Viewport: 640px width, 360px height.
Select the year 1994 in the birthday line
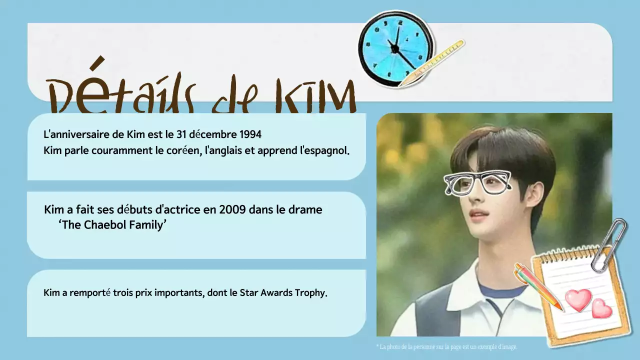click(x=250, y=134)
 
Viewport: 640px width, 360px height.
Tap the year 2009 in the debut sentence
click(x=232, y=209)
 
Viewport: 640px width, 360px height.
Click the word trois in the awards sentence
click(x=123, y=293)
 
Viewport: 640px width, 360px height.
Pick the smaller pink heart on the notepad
click(x=602, y=308)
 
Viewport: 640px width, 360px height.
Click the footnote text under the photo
click(x=446, y=346)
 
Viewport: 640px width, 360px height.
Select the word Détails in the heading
click(x=120, y=92)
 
